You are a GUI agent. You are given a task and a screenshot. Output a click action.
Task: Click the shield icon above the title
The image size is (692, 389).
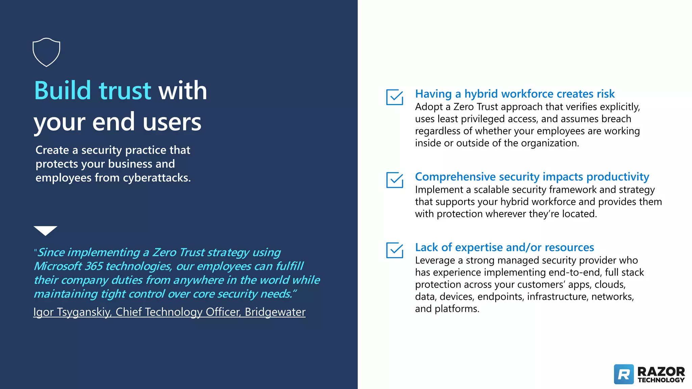click(46, 52)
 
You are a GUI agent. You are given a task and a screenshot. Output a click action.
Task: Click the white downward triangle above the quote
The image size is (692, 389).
click(45, 230)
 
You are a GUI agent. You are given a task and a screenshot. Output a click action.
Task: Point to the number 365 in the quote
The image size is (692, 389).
click(94, 266)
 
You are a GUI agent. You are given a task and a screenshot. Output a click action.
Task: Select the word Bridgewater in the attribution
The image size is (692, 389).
click(275, 312)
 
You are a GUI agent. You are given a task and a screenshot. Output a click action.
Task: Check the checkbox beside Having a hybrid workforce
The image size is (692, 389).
click(394, 97)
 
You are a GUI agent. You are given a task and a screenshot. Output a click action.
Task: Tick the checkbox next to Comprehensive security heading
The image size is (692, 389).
click(394, 180)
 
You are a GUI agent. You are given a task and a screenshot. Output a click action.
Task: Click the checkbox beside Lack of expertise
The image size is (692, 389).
click(394, 250)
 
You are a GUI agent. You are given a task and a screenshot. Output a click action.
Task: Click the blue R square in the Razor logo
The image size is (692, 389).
click(624, 374)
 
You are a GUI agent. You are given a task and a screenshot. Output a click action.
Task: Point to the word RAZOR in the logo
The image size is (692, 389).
click(661, 372)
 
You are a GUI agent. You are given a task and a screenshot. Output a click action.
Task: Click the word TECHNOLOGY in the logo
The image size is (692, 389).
click(661, 380)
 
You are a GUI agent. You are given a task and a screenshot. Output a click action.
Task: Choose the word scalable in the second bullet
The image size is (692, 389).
click(492, 190)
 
